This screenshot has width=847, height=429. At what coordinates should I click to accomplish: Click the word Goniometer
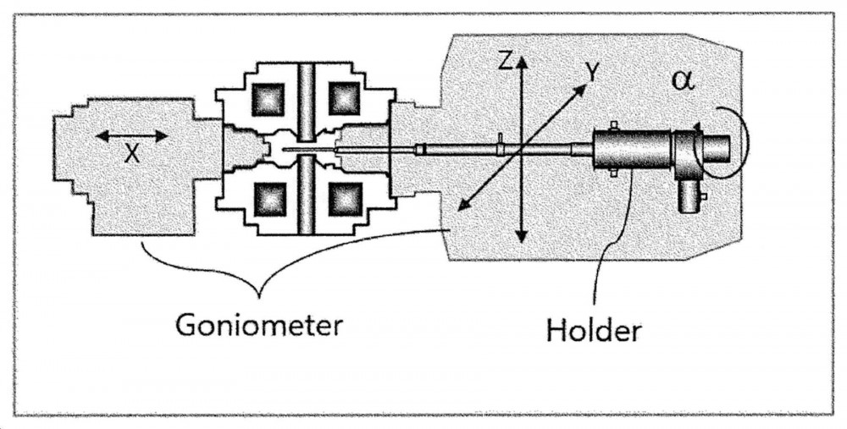[x=259, y=325]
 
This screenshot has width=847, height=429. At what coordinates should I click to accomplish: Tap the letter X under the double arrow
[x=132, y=154]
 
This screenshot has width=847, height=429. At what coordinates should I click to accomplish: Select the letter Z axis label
[x=505, y=62]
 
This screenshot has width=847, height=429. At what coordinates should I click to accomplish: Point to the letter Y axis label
[x=593, y=72]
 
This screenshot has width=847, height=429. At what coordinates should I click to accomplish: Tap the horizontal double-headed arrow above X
[x=132, y=135]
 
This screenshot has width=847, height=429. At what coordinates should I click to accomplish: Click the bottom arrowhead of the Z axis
[x=521, y=236]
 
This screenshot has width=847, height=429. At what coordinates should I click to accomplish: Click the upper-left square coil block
[x=268, y=99]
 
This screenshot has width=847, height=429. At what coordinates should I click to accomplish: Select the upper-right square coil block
[x=344, y=99]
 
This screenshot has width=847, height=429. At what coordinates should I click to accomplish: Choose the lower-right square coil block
[x=344, y=199]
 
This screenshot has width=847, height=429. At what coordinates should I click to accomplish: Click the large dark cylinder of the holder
[x=632, y=148]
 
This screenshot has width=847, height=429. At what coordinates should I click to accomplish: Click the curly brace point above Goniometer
[x=259, y=296]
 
